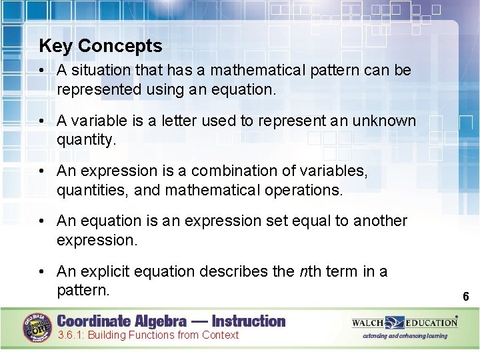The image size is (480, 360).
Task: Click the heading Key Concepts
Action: pyautogui.click(x=101, y=46)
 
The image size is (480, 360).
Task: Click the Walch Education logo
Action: pyautogui.click(x=405, y=323)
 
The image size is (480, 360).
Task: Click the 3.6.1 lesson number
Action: pyautogui.click(x=71, y=335)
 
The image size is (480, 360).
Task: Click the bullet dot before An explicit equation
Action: pyautogui.click(x=42, y=271)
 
